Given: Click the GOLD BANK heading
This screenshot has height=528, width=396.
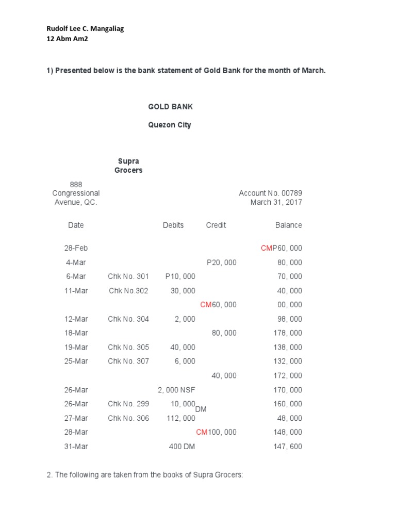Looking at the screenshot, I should point(170,107).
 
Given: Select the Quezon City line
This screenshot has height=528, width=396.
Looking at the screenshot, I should point(170,125).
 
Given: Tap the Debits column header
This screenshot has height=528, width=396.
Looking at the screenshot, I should point(173,225).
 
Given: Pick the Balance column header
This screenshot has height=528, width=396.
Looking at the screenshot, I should point(289,225).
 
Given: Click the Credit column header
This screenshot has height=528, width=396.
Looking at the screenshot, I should point(216,225).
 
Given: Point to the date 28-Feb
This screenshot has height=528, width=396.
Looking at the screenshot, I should point(76,248).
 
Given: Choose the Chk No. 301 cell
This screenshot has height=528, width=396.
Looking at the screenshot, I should point(128,276).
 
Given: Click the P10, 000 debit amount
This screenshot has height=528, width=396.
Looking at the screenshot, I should point(180,276).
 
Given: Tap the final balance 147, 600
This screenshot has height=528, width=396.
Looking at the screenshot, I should point(288,447).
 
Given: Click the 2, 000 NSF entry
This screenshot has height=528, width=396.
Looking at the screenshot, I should point(176,390).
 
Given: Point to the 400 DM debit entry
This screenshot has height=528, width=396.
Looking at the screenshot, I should point(182,447).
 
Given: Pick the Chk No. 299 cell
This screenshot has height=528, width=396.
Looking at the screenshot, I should point(128,404).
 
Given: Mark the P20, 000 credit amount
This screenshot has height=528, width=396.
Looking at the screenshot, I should point(222,262).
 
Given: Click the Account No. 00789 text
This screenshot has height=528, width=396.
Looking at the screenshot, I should point(270,193).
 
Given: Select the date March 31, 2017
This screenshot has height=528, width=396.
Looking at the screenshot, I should point(276,202).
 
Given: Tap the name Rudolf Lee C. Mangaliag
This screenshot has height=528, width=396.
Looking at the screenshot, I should point(85,29).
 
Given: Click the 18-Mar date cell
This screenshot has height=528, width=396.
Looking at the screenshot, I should point(76,333).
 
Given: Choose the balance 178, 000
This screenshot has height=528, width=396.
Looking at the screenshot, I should point(288,333).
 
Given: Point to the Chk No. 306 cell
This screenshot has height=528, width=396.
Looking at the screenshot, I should point(128,418).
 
